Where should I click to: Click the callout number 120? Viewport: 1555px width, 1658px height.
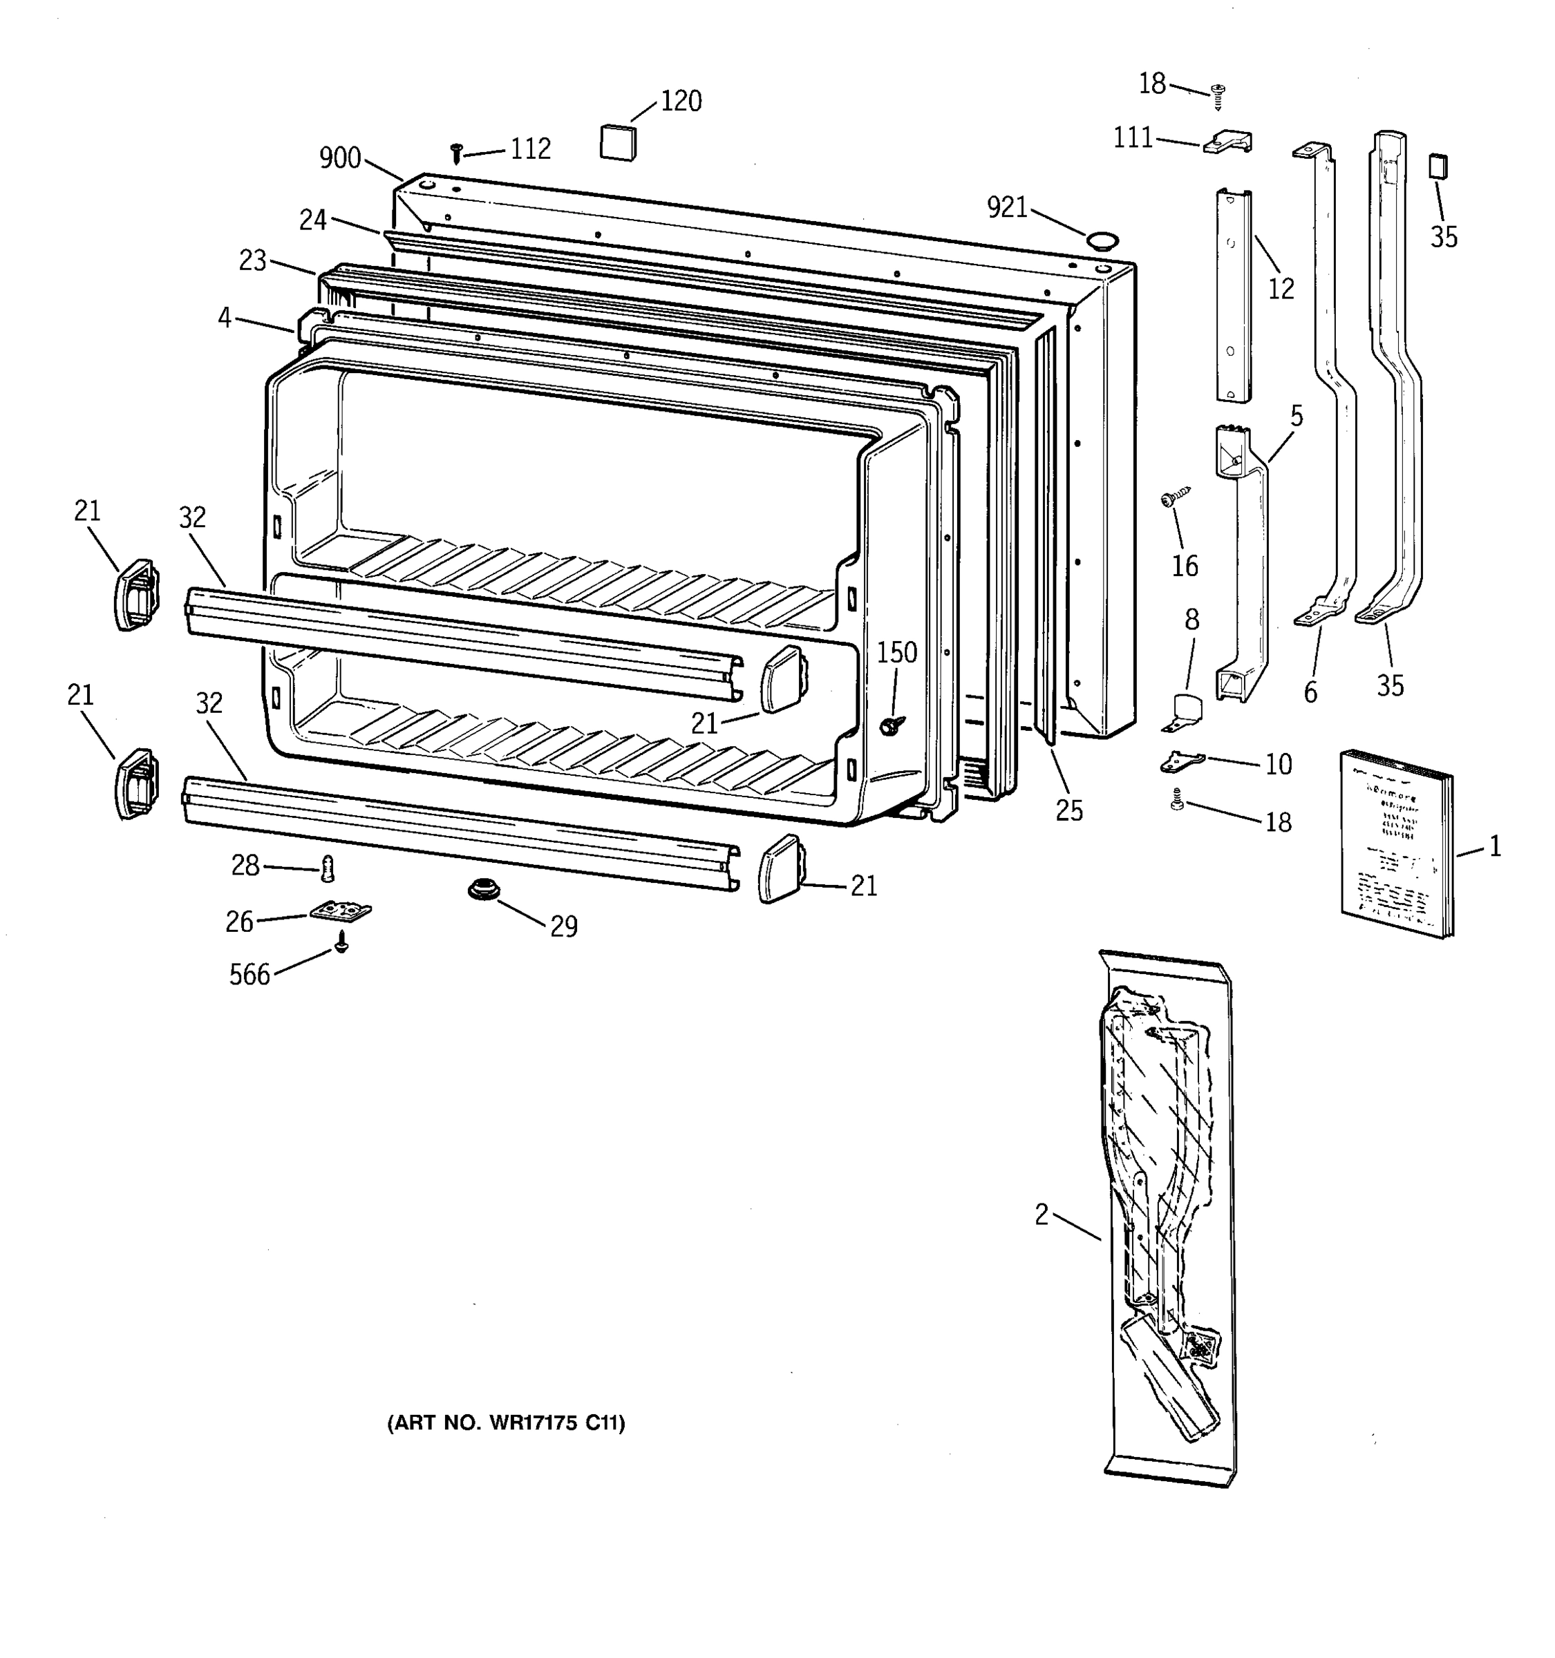pyautogui.click(x=681, y=101)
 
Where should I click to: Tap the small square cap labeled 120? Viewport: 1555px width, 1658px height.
pyautogui.click(x=618, y=141)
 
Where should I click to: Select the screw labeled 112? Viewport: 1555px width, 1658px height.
pyautogui.click(x=456, y=153)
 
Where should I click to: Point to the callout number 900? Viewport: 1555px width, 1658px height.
pyautogui.click(x=339, y=158)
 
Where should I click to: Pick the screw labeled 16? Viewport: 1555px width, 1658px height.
pyautogui.click(x=1172, y=498)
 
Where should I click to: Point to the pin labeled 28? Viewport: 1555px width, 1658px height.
pyautogui.click(x=328, y=869)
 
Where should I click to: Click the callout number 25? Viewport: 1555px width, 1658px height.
pyautogui.click(x=1068, y=809)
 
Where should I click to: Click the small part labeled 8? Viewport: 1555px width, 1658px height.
pyautogui.click(x=1185, y=711)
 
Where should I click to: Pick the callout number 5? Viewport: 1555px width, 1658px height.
pyautogui.click(x=1296, y=415)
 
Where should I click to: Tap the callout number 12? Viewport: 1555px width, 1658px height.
pyautogui.click(x=1281, y=289)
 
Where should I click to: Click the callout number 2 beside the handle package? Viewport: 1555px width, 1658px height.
pyautogui.click(x=1041, y=1215)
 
